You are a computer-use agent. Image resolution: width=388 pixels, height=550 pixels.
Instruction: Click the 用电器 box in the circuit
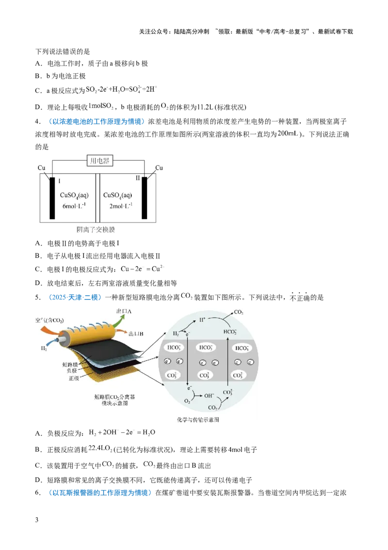100,161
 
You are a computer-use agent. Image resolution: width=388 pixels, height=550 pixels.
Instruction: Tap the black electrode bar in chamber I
52,198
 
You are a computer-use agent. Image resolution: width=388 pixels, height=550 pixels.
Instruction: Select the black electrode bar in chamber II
144,198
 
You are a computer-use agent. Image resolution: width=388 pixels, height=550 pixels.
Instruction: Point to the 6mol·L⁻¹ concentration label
74,206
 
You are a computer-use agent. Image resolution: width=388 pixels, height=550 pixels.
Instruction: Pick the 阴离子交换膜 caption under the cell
96,230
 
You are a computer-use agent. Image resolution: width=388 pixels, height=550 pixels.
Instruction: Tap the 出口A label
124,311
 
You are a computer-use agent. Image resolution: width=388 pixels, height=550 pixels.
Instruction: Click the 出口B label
136,334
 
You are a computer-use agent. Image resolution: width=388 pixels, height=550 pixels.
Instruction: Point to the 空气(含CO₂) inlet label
49,320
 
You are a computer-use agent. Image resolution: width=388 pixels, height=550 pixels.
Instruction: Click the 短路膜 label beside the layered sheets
70,365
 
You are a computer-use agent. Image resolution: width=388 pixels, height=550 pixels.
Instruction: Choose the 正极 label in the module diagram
74,378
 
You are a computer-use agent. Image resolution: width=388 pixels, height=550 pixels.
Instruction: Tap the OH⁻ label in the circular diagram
209,395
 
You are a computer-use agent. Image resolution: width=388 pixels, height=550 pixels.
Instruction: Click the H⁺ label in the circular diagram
202,320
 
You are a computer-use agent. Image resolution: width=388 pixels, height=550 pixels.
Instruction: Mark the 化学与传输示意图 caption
198,419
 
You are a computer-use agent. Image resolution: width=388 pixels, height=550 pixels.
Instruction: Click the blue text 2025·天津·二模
74,297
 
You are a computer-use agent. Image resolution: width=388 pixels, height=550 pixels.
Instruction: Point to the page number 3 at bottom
37,520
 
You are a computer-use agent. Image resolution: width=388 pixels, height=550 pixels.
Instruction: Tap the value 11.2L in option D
205,107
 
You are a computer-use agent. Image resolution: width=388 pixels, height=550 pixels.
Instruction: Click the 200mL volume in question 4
288,134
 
